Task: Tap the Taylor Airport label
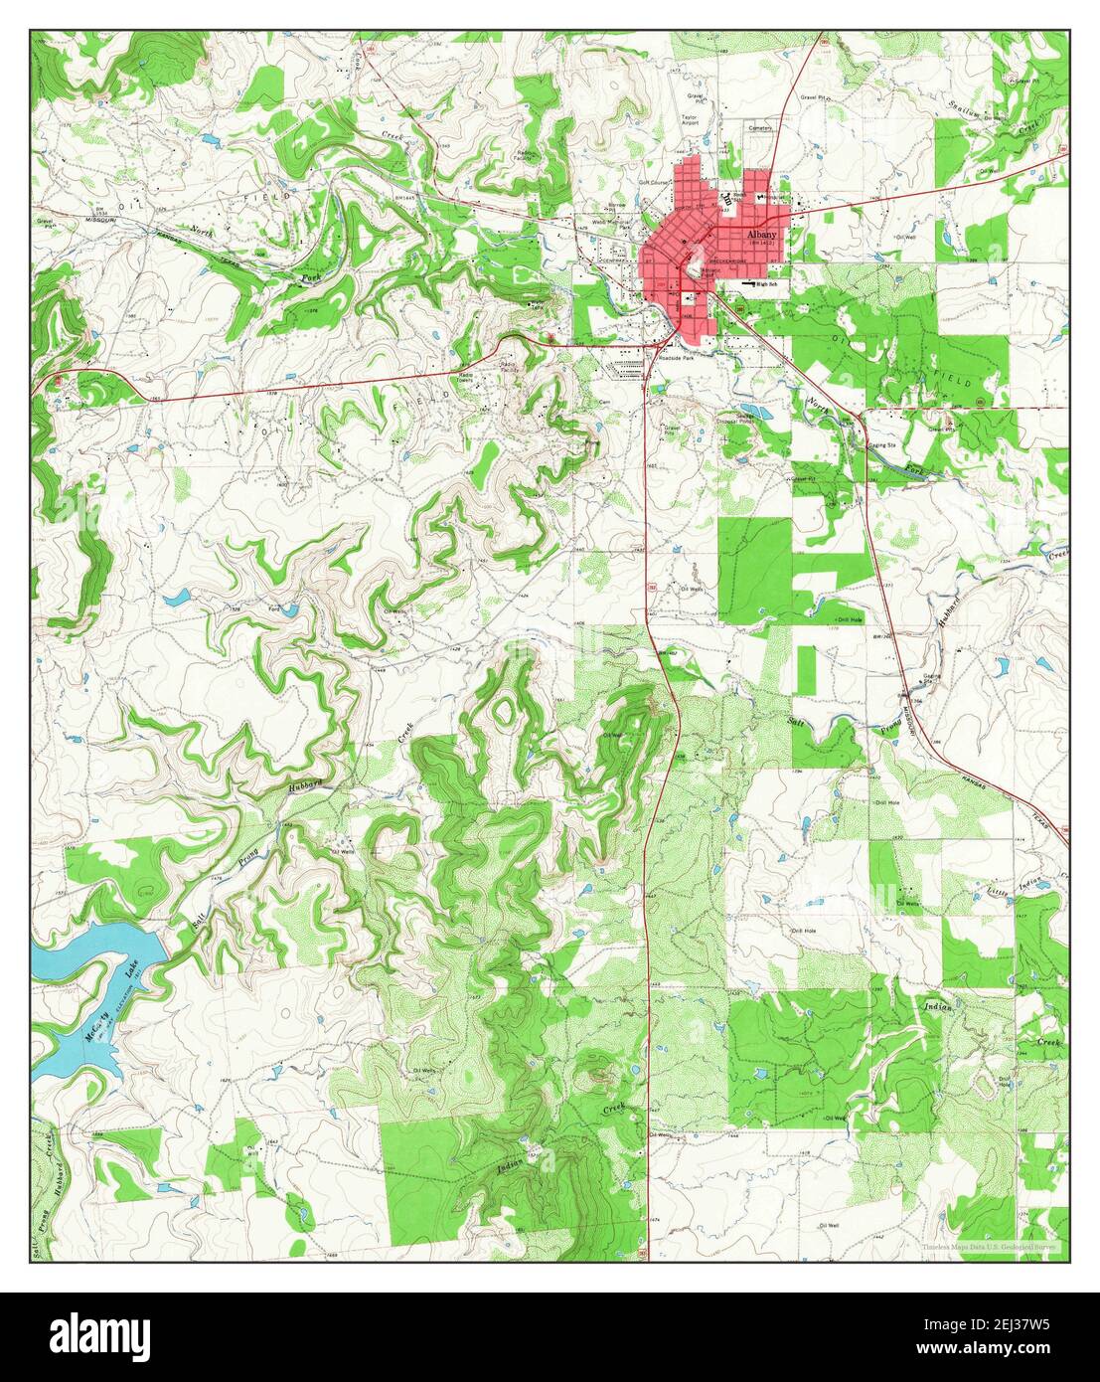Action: (x=690, y=120)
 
